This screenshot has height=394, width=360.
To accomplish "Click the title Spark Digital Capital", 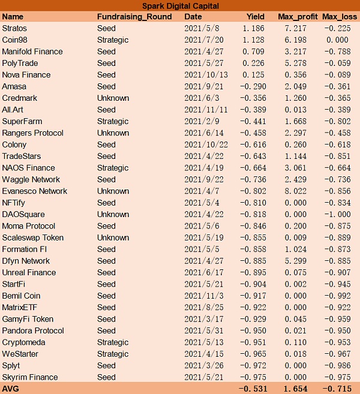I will click(180, 5).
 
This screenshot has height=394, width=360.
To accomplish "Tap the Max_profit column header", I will click(298, 17).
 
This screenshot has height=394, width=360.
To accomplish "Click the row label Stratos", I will click(14, 28).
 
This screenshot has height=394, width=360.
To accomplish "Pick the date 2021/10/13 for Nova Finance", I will click(206, 75).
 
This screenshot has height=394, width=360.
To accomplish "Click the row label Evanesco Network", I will click(35, 191).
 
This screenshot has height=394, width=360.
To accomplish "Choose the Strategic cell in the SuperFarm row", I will click(113, 121).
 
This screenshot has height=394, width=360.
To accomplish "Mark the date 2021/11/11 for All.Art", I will click(206, 110).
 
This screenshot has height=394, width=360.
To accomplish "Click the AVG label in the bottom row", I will click(11, 389).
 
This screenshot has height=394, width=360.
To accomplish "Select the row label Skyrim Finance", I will click(30, 377).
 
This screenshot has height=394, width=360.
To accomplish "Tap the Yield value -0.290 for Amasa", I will click(252, 86).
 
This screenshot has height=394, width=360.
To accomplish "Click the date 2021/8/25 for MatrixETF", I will click(204, 308).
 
